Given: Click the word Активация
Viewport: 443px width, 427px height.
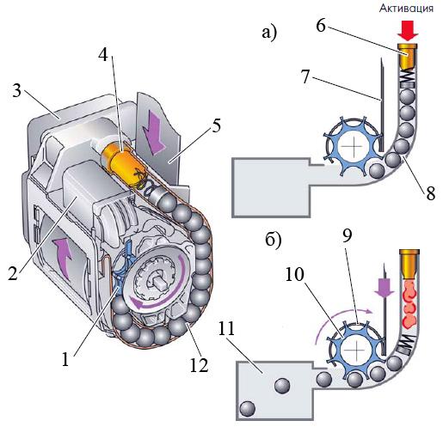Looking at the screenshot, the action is coord(406,9).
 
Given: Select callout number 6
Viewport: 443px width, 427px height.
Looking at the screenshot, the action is coord(321,26).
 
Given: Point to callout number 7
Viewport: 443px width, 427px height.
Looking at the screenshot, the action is coord(305,76).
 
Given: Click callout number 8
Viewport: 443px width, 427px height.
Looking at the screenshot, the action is coord(431,192).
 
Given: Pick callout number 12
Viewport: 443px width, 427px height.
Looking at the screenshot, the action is coord(199,365).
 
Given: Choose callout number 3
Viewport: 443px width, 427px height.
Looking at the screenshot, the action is coord(17,90).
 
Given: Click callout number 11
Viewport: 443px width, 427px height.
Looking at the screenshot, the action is coord(226,328).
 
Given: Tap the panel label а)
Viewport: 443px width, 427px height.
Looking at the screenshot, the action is coord(269,33).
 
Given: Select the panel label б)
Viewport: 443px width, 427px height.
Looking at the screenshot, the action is coord(274,241).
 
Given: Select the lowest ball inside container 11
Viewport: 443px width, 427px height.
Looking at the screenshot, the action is coord(248,409).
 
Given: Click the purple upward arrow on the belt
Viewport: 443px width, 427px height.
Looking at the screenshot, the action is coord(63,259).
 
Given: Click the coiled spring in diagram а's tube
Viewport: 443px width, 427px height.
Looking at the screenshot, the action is coord(408,76).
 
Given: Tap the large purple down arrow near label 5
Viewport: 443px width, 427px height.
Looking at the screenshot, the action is coord(153,130).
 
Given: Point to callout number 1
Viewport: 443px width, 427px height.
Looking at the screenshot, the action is coord(66,359).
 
